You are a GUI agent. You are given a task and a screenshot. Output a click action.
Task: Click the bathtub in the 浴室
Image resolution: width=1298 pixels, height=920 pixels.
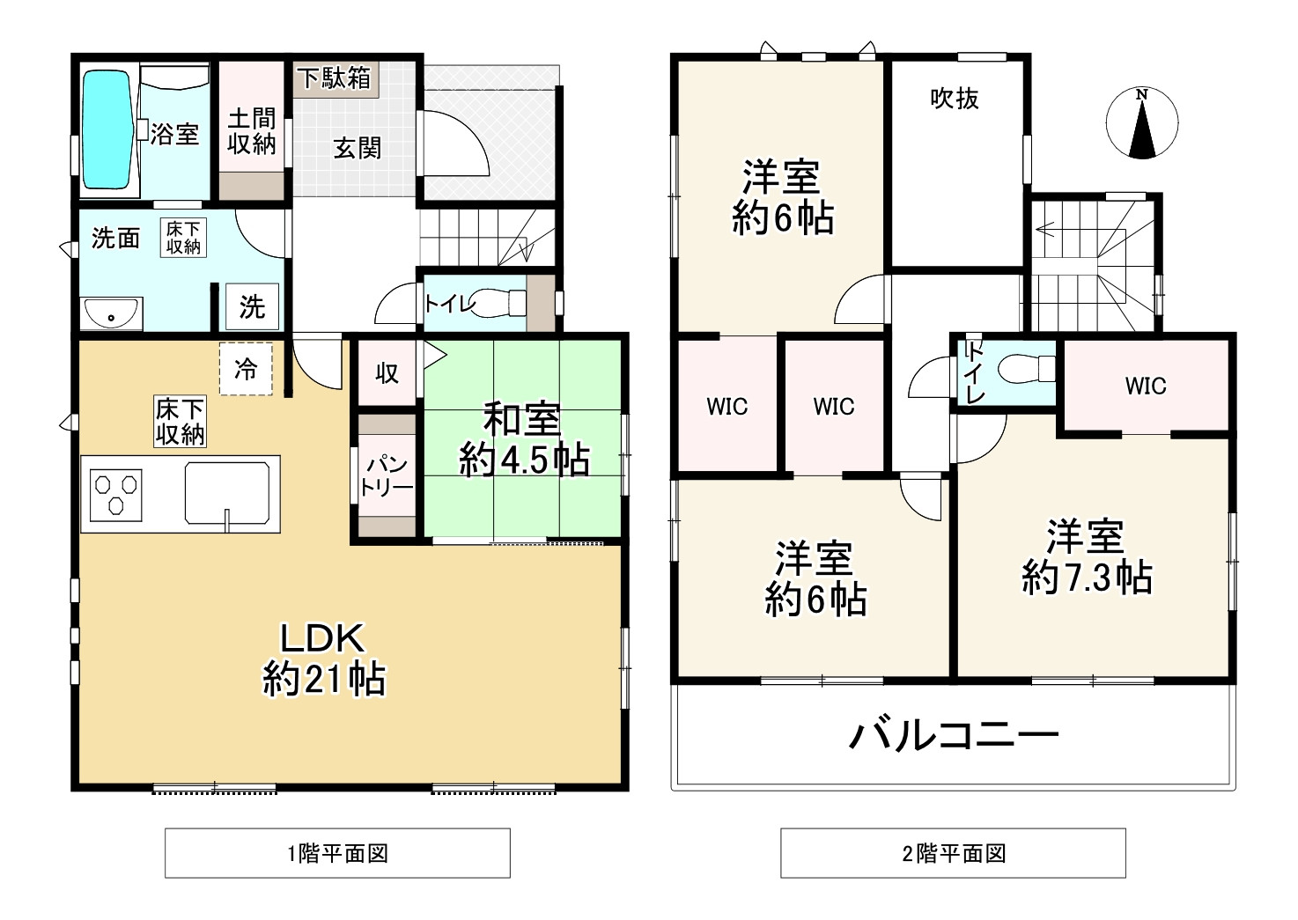click(x=107, y=132)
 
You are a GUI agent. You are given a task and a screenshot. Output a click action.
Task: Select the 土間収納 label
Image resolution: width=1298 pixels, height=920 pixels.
click(x=252, y=131)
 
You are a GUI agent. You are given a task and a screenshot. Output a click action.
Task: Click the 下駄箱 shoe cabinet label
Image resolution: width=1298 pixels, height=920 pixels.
click(x=334, y=79)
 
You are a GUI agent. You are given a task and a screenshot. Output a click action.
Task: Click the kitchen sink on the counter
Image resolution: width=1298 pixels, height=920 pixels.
click(x=226, y=494)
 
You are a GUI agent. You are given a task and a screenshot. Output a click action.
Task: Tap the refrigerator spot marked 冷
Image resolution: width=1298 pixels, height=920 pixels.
click(x=246, y=370)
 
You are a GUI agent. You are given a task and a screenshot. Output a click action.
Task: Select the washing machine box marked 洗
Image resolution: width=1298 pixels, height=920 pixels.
click(x=252, y=306)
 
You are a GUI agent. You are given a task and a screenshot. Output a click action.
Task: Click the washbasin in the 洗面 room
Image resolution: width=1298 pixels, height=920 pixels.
click(x=111, y=313)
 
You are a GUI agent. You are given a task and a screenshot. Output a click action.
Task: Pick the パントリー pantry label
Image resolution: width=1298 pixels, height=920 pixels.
click(x=387, y=476)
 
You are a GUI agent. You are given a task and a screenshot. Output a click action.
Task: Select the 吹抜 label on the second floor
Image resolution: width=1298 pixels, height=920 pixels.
click(x=955, y=99)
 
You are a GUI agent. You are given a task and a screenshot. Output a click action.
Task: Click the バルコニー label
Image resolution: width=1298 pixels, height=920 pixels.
click(x=953, y=733)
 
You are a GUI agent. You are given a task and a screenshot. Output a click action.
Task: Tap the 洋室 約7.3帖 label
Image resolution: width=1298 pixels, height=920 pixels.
click(x=1086, y=556)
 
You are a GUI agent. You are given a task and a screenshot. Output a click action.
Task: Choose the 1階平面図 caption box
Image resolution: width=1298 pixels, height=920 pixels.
click(x=338, y=853)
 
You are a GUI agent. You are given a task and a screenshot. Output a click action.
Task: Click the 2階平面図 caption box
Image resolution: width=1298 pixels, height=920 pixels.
click(x=953, y=853)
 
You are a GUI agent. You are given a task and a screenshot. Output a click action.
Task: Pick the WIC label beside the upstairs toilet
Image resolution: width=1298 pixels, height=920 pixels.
click(x=1145, y=385)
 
